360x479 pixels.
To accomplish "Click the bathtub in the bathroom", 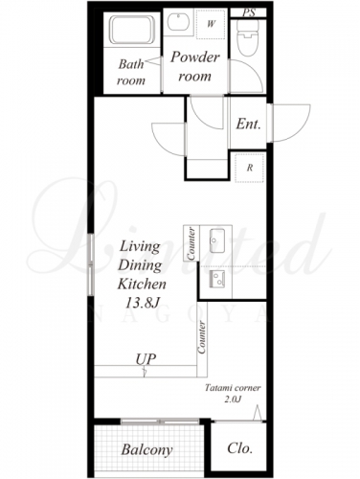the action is pyautogui.click(x=132, y=30).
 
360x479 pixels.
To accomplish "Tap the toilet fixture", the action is pyautogui.click(x=248, y=38).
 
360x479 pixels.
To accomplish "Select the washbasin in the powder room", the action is pyautogui.click(x=178, y=22).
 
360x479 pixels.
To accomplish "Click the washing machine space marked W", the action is pyautogui.click(x=211, y=24).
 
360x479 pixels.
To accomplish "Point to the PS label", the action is pyautogui.click(x=249, y=12).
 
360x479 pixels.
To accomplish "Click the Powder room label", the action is pyautogui.click(x=195, y=66).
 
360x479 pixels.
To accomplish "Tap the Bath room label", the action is pyautogui.click(x=131, y=72).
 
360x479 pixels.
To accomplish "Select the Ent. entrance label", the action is pyautogui.click(x=249, y=124).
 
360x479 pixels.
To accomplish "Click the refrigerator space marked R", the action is pyautogui.click(x=250, y=168).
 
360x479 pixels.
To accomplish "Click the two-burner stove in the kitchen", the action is pyautogui.click(x=216, y=279).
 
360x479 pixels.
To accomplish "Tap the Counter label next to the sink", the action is pyautogui.click(x=191, y=243).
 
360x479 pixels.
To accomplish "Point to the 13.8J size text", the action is pyautogui.click(x=142, y=304).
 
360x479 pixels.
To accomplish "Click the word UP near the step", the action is pyautogui.click(x=146, y=359).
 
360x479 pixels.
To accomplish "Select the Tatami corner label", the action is pyautogui.click(x=233, y=388).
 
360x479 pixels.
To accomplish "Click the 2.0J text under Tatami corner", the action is pyautogui.click(x=233, y=399).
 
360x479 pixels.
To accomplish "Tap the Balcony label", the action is pyautogui.click(x=146, y=450).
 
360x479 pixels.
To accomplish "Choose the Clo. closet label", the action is pyautogui.click(x=240, y=448).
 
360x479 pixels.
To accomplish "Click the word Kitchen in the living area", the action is pyautogui.click(x=142, y=284).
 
